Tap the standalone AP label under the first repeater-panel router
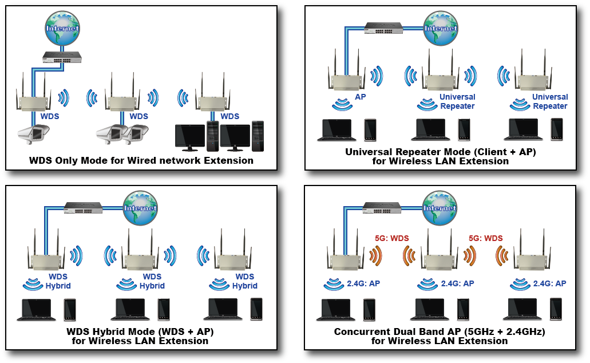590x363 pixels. click(361, 97)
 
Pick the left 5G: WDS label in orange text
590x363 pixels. click(392, 238)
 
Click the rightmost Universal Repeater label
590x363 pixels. click(550, 101)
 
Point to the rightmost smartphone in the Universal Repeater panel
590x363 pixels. click(556, 129)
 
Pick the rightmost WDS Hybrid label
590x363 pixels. click(245, 281)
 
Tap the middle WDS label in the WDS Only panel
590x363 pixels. click(138, 116)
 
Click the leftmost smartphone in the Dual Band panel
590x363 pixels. click(370, 309)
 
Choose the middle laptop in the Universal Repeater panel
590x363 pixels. click(431, 129)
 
